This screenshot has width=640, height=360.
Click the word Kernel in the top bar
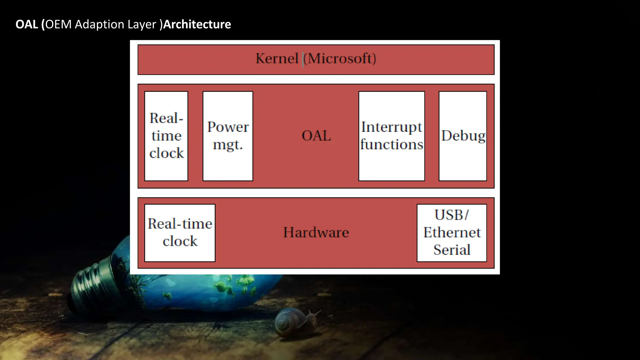click(x=277, y=59)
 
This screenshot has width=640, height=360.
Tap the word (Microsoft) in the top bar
click(x=340, y=59)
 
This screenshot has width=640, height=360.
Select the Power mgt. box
click(x=228, y=136)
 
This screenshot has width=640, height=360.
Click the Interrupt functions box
click(x=392, y=136)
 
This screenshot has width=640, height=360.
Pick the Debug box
click(x=463, y=136)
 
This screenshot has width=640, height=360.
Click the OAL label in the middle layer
click(x=316, y=136)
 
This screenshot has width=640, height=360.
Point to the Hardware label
click(x=316, y=232)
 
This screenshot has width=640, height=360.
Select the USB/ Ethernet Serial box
click(x=452, y=233)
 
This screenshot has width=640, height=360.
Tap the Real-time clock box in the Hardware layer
click(x=180, y=233)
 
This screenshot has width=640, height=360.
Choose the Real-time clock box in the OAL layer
click(x=166, y=136)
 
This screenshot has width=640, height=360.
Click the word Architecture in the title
click(x=197, y=24)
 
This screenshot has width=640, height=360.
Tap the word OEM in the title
click(x=58, y=24)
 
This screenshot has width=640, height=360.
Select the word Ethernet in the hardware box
click(x=452, y=232)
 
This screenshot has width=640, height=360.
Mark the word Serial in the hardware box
click(x=452, y=250)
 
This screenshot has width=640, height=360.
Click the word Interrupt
click(x=392, y=127)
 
